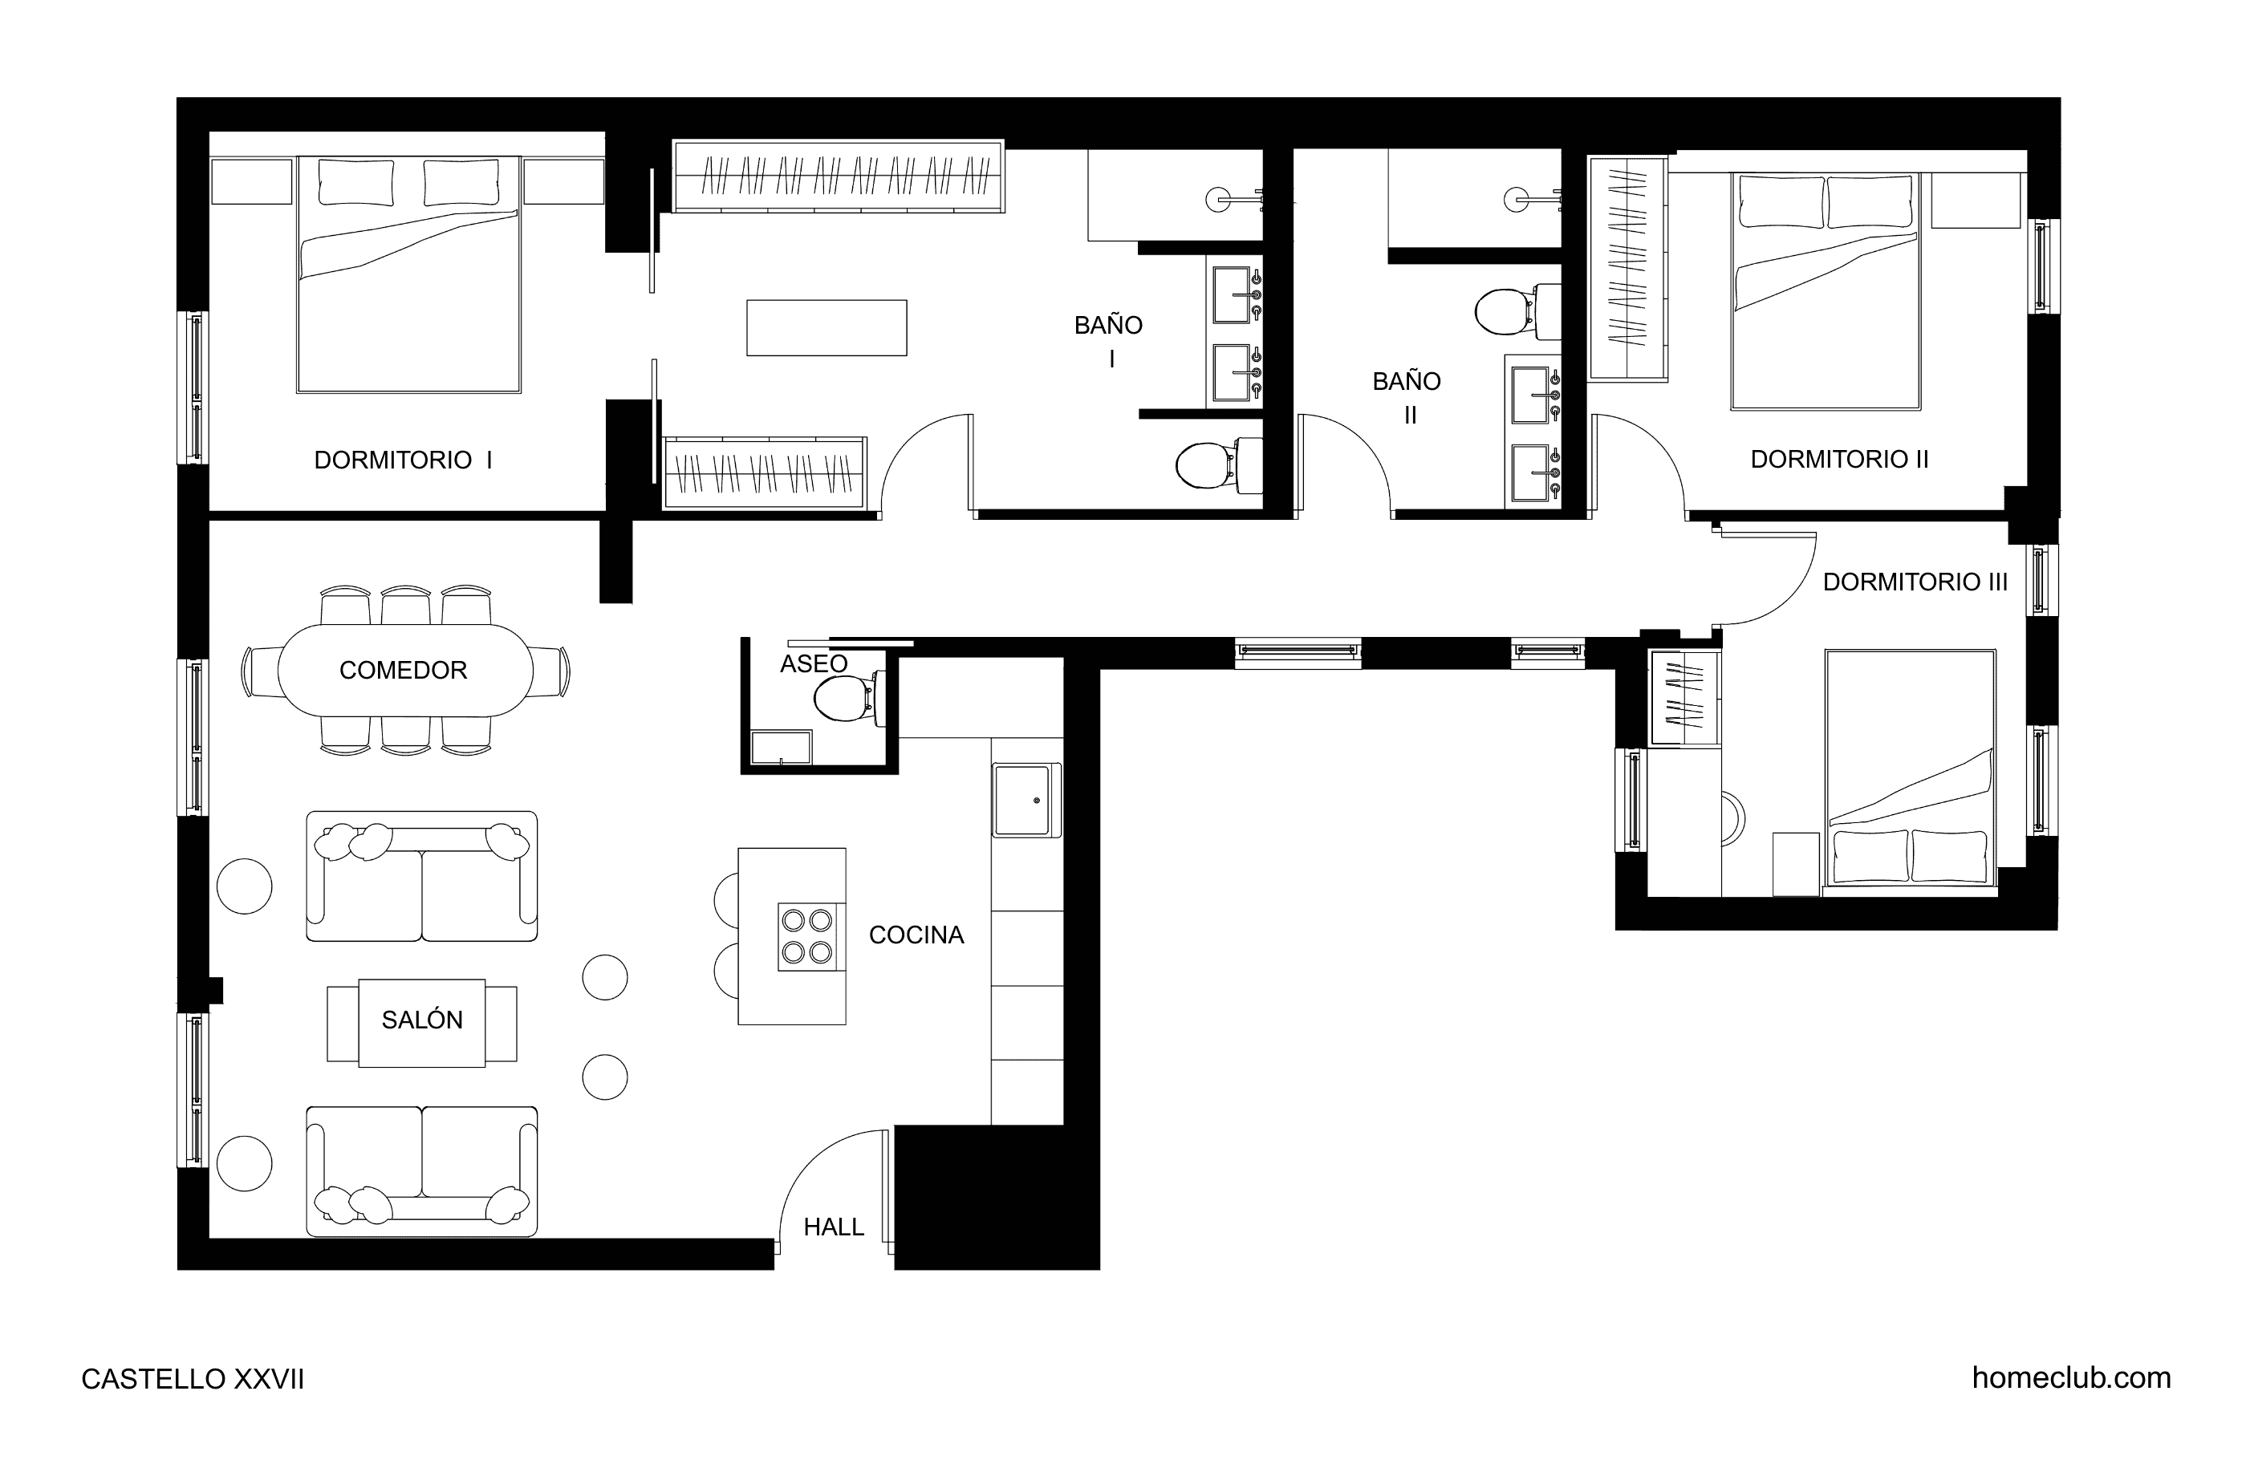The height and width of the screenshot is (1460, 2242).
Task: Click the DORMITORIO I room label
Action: (403, 460)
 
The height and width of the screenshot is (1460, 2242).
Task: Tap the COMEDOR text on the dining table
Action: (403, 670)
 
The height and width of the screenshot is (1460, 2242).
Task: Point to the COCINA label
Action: (916, 935)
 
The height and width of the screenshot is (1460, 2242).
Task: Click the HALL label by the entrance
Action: (834, 1227)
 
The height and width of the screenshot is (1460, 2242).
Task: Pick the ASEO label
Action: (814, 663)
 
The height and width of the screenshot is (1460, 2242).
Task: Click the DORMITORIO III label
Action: (1915, 582)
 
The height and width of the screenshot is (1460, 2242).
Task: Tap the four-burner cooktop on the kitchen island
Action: (807, 936)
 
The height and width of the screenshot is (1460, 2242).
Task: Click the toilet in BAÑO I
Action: (1218, 464)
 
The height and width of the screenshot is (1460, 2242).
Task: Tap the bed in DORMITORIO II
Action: (1826, 291)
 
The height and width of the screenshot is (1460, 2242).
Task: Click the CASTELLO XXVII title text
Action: (193, 1379)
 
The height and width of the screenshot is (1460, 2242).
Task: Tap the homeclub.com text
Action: (2072, 1378)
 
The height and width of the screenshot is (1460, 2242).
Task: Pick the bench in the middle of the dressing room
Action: (827, 328)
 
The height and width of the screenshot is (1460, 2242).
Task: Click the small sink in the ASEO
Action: (781, 747)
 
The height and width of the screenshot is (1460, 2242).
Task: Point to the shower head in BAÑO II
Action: (1517, 199)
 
